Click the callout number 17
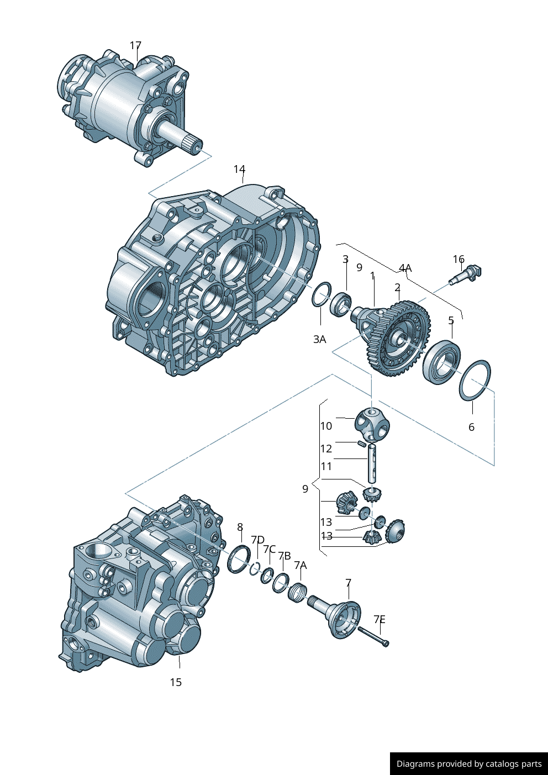pos(135,45)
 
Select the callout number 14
pos(239,169)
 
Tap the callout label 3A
pos(319,339)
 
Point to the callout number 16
pos(459,259)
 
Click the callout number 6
pos(471,426)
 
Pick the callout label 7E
pos(379,619)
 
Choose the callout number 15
pos(176,682)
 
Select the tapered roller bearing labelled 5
pos(441,362)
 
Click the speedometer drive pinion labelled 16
pos(467,275)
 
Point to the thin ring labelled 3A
pos(321,294)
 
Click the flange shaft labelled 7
pos(340,616)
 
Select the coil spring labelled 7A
pos(298,592)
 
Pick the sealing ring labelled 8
pos(239,558)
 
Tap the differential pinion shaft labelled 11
pos(373,463)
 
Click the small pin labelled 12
pos(362,443)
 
